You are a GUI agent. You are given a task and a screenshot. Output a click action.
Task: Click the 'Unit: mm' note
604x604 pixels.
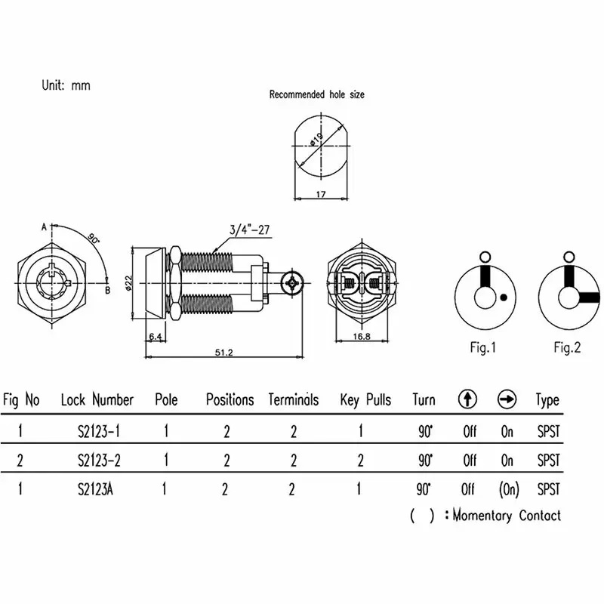click(66, 85)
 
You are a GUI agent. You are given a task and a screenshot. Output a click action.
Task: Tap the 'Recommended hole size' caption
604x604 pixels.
click(317, 94)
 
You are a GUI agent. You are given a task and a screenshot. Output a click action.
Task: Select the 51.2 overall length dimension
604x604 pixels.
click(223, 352)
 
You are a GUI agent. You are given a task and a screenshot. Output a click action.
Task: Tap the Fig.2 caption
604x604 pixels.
click(567, 348)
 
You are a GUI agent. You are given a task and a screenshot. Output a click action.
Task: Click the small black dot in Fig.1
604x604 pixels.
click(503, 300)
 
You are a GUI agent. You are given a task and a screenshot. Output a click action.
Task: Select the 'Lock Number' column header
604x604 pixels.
click(97, 400)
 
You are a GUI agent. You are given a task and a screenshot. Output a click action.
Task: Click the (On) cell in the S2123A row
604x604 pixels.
click(508, 489)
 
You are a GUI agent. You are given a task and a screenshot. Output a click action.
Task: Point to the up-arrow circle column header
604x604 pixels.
click(468, 400)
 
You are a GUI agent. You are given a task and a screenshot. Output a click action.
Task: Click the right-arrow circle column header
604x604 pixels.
click(507, 400)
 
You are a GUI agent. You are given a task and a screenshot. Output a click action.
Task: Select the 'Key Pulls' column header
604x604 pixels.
click(365, 400)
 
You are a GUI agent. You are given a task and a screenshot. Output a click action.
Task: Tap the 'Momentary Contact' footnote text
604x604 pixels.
click(507, 516)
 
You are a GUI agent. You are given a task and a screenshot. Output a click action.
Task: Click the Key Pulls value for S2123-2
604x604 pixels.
click(360, 460)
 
